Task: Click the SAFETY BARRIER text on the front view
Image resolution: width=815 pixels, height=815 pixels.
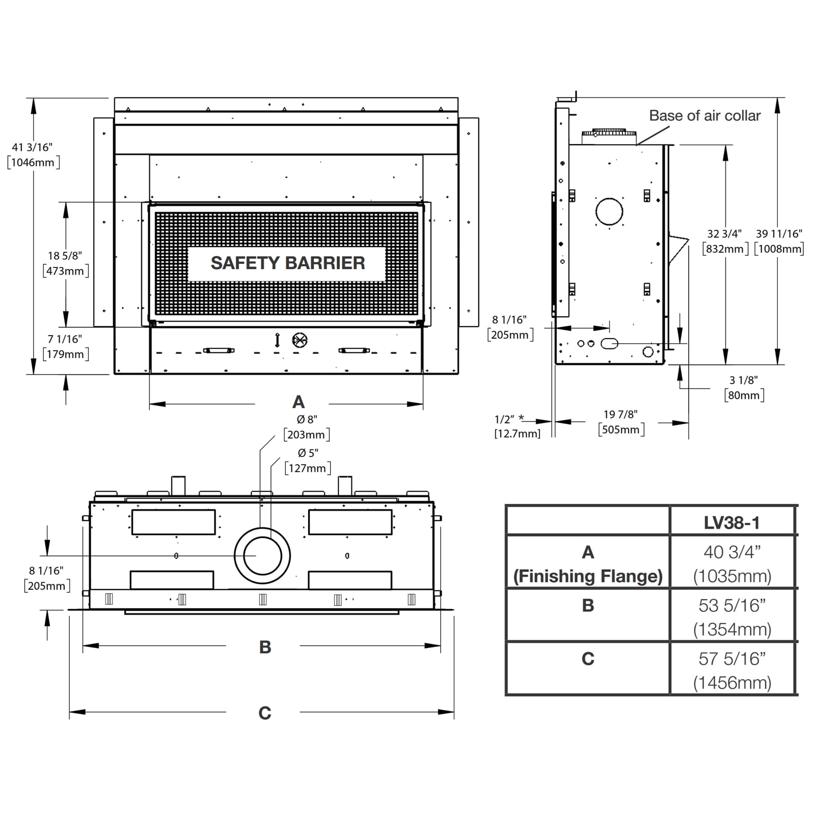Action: tap(287, 263)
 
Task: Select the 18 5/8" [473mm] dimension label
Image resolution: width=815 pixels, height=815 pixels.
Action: tap(65, 263)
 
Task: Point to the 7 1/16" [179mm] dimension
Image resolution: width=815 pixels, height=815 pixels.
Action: tap(65, 347)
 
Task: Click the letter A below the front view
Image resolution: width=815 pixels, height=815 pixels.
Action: tap(298, 402)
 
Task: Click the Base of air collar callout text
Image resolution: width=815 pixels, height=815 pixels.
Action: tap(704, 116)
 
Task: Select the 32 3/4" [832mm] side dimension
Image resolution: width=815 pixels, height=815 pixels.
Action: tap(724, 241)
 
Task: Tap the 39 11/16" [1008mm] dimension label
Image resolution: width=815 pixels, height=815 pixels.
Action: tap(779, 241)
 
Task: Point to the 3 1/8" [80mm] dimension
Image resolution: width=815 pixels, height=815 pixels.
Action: tap(744, 388)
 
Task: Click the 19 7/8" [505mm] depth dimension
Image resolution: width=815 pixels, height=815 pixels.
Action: tap(621, 422)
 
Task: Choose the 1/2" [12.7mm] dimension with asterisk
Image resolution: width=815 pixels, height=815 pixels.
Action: tap(516, 426)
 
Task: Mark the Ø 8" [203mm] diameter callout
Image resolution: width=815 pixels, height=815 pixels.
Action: tap(307, 427)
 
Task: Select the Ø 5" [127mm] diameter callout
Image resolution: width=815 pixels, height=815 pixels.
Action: tap(307, 461)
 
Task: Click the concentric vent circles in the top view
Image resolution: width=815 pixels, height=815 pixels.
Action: tap(262, 556)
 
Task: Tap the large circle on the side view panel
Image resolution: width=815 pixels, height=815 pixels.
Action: tap(609, 211)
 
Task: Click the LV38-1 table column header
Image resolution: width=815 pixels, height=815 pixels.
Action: tap(731, 523)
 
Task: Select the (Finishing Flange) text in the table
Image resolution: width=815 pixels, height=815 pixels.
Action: tap(588, 577)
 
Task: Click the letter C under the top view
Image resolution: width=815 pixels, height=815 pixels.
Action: tap(265, 713)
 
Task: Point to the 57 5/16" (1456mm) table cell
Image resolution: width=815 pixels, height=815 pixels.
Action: tap(732, 670)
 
